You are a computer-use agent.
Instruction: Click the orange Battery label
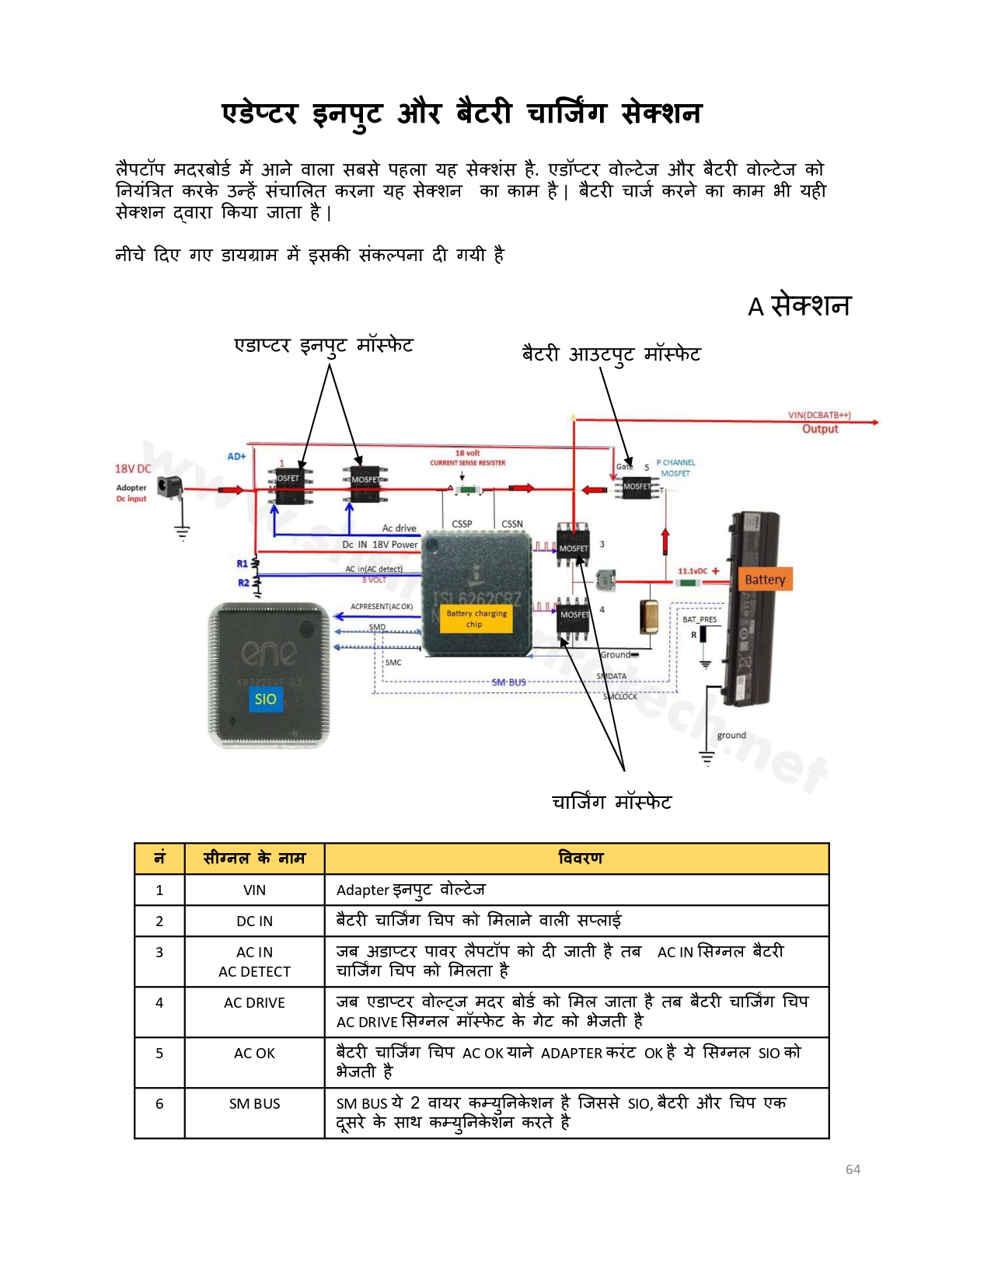click(x=765, y=580)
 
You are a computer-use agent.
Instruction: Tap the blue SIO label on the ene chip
click(x=265, y=699)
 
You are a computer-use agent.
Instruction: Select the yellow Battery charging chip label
click(x=476, y=619)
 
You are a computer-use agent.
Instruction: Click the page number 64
click(x=853, y=1169)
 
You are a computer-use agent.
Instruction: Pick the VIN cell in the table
click(x=254, y=890)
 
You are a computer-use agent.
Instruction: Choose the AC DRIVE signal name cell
click(x=254, y=1003)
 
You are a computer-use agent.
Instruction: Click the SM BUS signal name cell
click(x=254, y=1104)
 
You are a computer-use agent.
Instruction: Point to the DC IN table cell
click(x=254, y=921)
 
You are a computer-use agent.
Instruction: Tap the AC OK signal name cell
click(x=254, y=1054)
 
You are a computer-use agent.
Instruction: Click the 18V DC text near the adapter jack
click(x=133, y=469)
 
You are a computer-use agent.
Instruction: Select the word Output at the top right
click(x=820, y=429)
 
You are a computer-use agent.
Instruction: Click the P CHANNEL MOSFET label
click(x=675, y=468)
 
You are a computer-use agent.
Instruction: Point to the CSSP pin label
click(x=462, y=524)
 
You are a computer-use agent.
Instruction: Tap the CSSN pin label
click(x=512, y=524)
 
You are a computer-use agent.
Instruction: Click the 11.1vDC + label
click(x=698, y=571)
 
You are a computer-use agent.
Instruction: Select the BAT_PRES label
click(x=700, y=620)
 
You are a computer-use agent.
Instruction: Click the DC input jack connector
click(x=169, y=487)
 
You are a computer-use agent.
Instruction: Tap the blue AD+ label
click(x=236, y=457)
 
